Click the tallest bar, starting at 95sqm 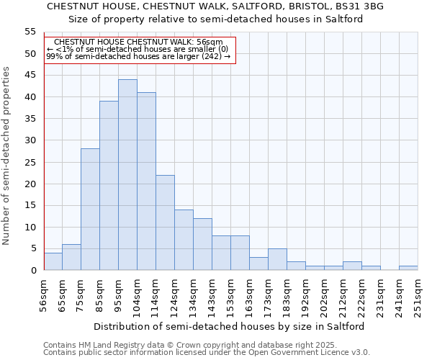pyautogui.click(x=127, y=175)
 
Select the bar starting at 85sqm pyautogui.click(x=109, y=186)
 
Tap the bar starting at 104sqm pyautogui.click(x=146, y=181)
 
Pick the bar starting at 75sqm pyautogui.click(x=90, y=210)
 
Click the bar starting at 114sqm pyautogui.click(x=165, y=222)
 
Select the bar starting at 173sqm pyautogui.click(x=277, y=259)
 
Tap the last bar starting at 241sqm pyautogui.click(x=408, y=268)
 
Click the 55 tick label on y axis pyautogui.click(x=30, y=32)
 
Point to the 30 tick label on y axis pyautogui.click(x=30, y=140)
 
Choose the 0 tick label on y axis pyautogui.click(x=32, y=271)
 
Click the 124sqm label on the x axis pyautogui.click(x=175, y=294)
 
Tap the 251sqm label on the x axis pyautogui.click(x=418, y=294)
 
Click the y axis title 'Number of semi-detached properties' pyautogui.click(x=6, y=156)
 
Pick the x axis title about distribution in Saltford pyautogui.click(x=229, y=326)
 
